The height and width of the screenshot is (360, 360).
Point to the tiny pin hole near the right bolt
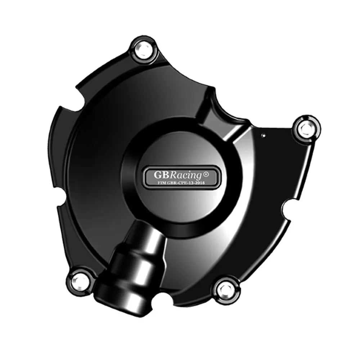[x=264, y=135]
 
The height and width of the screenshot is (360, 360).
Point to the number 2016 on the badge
[x=200, y=183]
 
